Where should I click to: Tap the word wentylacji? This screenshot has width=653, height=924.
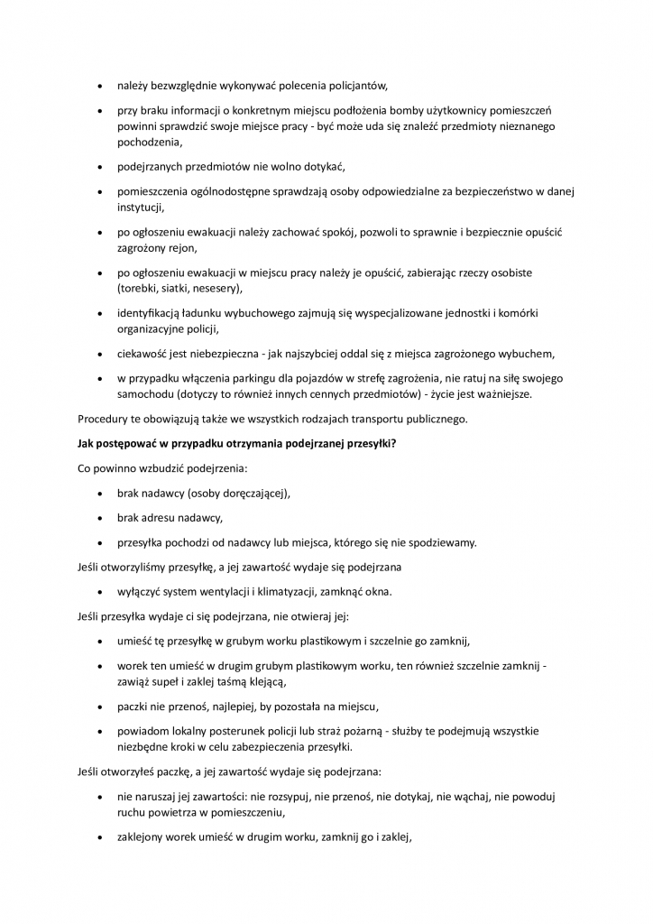point(227,592)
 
